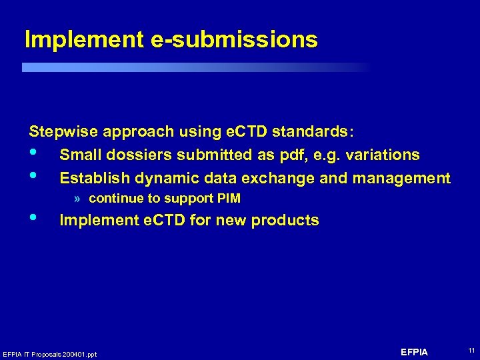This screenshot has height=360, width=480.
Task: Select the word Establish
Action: coord(95,179)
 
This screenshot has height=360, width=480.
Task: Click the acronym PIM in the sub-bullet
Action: coord(229,199)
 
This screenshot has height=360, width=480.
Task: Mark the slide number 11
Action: coord(471,351)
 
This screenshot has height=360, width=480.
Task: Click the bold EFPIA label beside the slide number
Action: coord(414,352)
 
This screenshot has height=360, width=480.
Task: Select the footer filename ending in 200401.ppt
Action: coord(50,354)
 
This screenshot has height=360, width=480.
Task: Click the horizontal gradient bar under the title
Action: coord(193,67)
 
